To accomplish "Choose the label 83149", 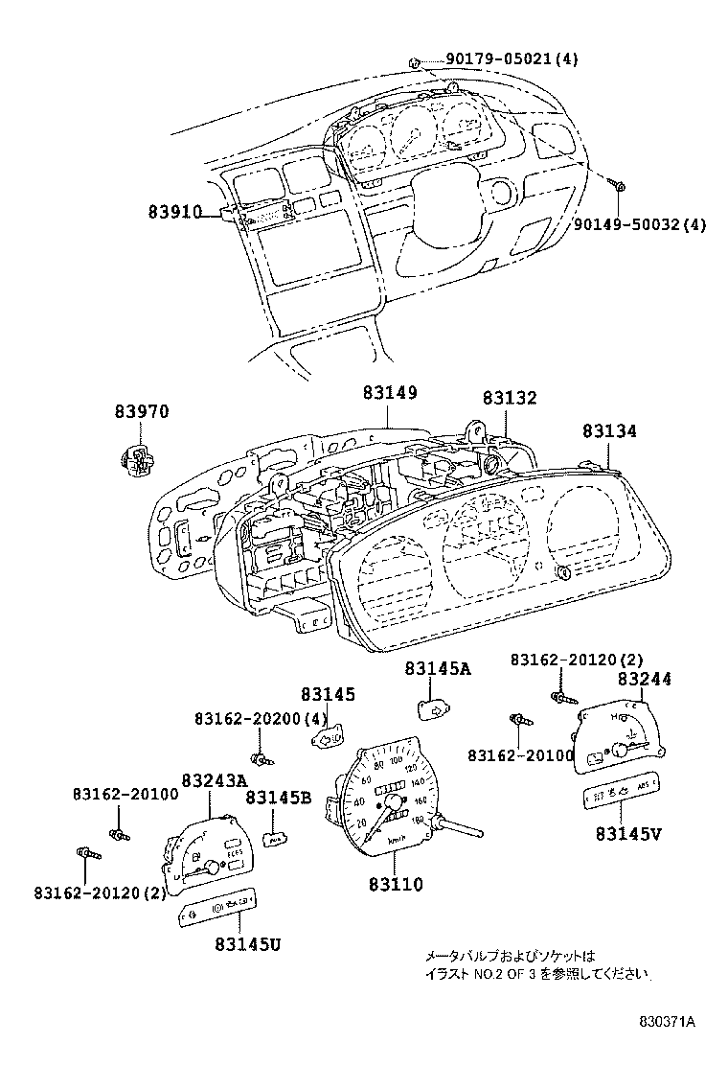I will [390, 393].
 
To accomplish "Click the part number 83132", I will [509, 398].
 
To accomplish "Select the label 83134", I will [608, 432].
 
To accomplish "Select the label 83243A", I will [214, 781].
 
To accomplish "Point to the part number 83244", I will [644, 679].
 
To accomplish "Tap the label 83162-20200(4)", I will [261, 718].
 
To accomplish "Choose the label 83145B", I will [278, 797].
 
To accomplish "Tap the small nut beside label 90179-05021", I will [414, 61].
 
